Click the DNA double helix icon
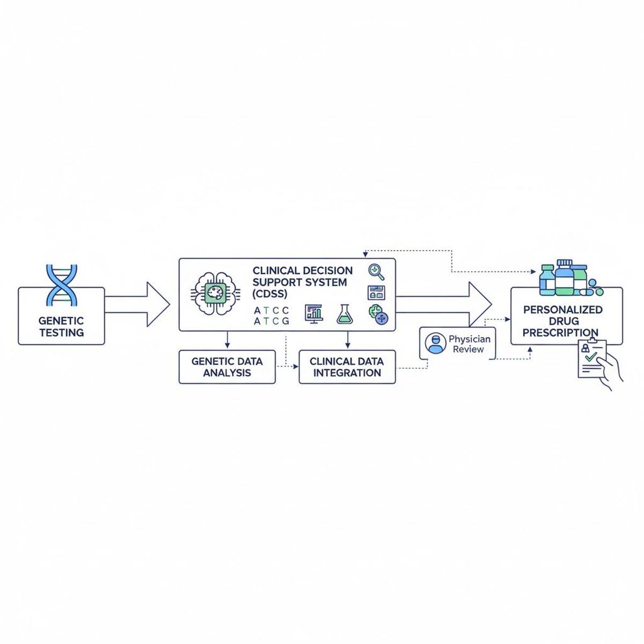coord(62,284)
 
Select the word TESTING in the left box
coord(61,332)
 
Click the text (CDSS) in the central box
coord(270,294)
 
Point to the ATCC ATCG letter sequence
coord(271,316)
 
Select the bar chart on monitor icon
coord(314,313)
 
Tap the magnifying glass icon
coord(377,272)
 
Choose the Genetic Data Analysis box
coord(227,367)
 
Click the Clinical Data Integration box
coord(347,367)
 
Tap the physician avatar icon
coord(435,343)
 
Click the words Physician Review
coord(469,344)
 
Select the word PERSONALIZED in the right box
coord(562,310)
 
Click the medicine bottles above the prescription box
coord(563,277)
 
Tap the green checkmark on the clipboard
coord(591,356)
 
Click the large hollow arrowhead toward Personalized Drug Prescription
coord(479,304)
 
